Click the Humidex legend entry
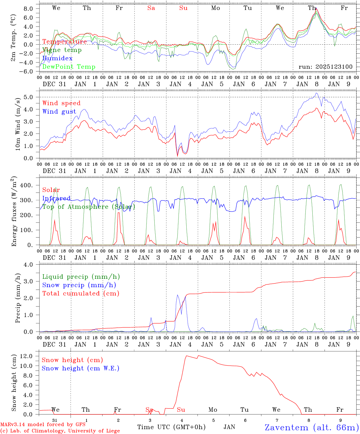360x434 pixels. [x=57, y=58]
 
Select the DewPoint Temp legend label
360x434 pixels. [x=69, y=67]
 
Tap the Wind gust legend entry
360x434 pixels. [x=59, y=112]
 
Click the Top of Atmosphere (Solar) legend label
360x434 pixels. [x=89, y=207]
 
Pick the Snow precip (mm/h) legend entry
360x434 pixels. [x=79, y=285]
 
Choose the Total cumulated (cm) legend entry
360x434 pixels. [x=81, y=293]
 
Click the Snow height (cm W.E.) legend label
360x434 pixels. [x=81, y=368]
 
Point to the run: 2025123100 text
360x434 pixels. [x=325, y=67]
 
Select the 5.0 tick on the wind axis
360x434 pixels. [x=30, y=97]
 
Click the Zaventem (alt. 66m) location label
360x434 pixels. [x=312, y=427]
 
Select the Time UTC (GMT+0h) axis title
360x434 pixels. [x=171, y=427]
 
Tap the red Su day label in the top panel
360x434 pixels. [x=183, y=8]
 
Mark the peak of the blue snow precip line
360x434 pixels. [x=177, y=295]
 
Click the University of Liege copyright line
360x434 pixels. [x=60, y=431]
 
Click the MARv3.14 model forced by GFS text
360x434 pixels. [x=43, y=425]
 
